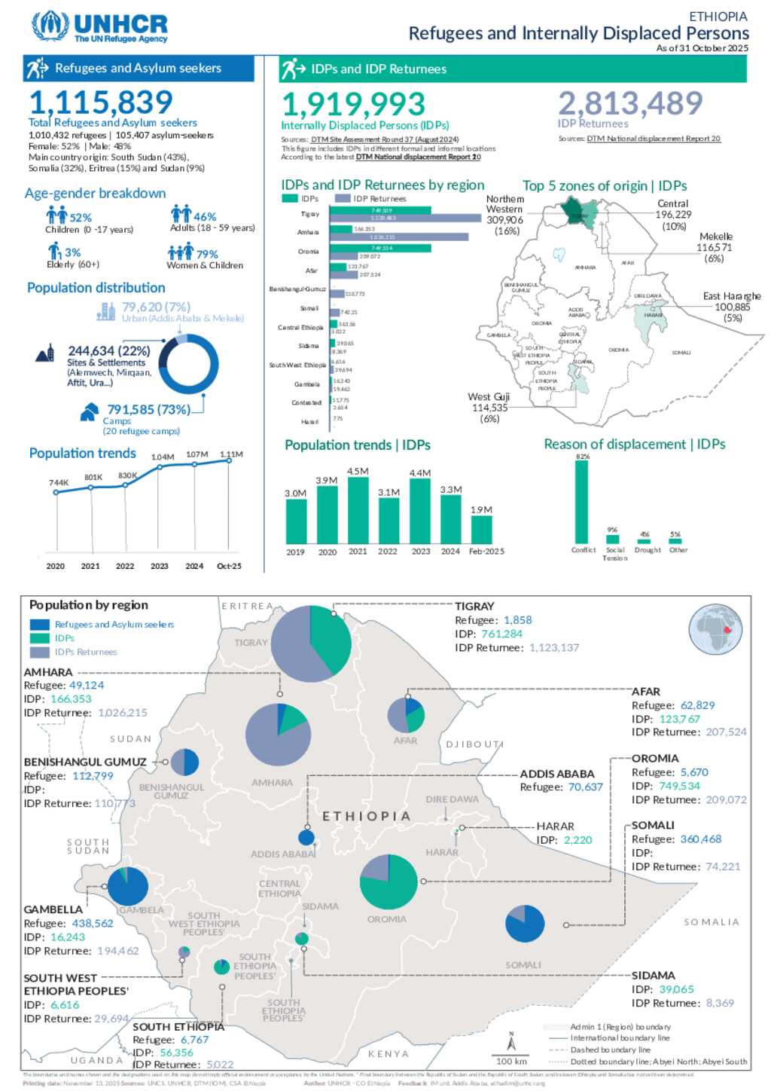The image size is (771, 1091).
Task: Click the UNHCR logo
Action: (99, 26)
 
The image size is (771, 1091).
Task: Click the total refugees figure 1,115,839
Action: (101, 102)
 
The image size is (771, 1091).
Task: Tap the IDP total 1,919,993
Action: (353, 104)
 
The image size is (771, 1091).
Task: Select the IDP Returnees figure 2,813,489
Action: (630, 103)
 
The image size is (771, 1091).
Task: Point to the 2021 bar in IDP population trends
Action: (358, 510)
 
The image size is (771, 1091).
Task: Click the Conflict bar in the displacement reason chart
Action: (582, 502)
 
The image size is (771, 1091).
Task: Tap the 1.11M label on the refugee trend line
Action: (231, 454)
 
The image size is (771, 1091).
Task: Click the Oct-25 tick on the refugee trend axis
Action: (229, 566)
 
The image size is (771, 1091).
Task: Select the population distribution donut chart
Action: (188, 365)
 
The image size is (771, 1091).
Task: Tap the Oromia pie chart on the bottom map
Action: (389, 882)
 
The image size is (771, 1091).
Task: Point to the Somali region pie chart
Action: (525, 923)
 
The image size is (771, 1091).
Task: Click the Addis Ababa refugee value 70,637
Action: (585, 787)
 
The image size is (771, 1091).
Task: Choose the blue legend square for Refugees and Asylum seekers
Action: (40, 625)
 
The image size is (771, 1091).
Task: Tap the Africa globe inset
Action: (715, 629)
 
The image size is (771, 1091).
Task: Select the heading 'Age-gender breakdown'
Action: (95, 194)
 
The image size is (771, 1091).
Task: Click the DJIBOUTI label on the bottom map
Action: (474, 744)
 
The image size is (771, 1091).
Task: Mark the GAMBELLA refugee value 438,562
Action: (93, 923)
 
